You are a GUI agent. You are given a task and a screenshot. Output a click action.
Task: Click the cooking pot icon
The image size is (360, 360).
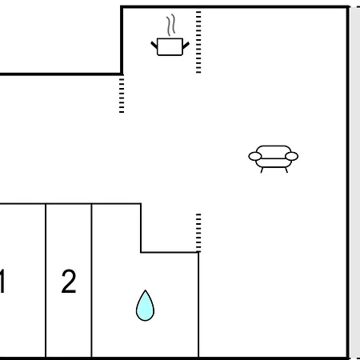click(170, 46)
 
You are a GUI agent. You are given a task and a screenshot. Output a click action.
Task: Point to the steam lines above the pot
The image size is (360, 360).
click(171, 25)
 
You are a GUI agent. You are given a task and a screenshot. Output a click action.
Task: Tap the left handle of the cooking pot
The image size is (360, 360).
click(154, 45)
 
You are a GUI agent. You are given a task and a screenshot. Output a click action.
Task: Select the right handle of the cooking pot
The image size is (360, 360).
click(186, 46)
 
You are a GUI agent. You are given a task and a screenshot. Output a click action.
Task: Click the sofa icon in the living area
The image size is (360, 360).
click(274, 159)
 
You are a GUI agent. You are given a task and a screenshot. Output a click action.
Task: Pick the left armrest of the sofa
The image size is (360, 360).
click(255, 156)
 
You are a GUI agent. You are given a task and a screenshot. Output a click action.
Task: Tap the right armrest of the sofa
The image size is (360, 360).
click(291, 156)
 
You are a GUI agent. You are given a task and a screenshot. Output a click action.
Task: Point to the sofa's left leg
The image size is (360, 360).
click(262, 170)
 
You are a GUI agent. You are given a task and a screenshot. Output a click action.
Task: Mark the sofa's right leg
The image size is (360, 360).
click(286, 170)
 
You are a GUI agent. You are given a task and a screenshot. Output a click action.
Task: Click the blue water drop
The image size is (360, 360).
click(145, 306)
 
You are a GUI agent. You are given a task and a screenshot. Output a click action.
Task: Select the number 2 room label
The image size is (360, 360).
click(69, 282)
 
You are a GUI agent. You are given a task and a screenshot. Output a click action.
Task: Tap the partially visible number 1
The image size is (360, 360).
click(2, 282)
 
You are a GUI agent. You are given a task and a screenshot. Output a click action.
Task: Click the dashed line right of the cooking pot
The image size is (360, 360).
click(198, 42)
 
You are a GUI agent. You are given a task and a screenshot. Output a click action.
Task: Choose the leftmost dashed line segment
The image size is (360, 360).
click(122, 95)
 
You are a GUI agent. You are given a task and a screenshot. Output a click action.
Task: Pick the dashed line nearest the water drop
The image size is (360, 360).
click(198, 233)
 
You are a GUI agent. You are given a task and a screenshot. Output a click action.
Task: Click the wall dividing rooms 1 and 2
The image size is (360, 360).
click(46, 281)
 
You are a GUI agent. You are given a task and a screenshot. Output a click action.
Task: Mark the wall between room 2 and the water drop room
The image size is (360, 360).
click(92, 281)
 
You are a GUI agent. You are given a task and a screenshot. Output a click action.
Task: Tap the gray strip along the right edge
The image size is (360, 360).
click(355, 182)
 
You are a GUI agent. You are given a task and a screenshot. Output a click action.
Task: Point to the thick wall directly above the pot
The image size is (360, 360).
click(170, 6)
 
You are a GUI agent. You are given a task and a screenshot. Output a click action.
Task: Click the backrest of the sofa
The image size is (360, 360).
click(274, 152)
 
